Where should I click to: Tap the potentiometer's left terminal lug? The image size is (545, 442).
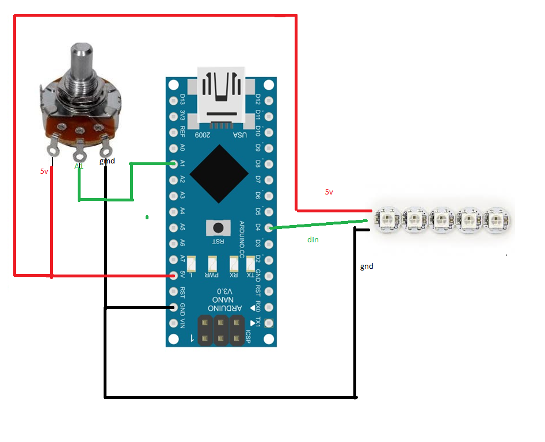click(54, 148)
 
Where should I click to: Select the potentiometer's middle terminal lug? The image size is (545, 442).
click(79, 154)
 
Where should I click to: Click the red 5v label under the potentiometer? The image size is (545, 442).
click(44, 172)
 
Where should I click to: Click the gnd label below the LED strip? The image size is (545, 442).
click(367, 266)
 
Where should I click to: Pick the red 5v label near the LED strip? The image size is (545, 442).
click(329, 192)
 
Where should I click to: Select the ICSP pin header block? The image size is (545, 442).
click(222, 330)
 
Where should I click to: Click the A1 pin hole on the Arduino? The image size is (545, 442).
click(174, 164)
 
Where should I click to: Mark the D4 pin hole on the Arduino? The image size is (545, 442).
click(268, 228)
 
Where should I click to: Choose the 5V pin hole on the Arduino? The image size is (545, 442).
click(174, 276)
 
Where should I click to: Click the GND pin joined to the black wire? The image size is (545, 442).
click(174, 307)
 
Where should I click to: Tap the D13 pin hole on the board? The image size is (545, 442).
click(174, 100)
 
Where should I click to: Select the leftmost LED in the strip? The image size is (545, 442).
click(387, 219)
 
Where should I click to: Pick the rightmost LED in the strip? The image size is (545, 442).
click(497, 220)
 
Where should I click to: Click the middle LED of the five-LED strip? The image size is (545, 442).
click(442, 220)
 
